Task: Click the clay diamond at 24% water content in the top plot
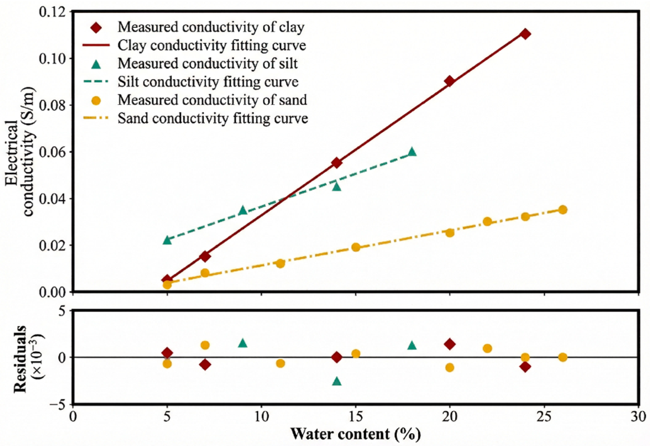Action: point(525,34)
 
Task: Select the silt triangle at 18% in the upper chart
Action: point(412,152)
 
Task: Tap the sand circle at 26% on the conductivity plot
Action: point(563,209)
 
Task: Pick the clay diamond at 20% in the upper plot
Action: point(450,81)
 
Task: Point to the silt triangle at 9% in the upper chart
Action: point(243,210)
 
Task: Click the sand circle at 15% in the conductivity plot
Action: point(356,247)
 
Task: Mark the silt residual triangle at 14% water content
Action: point(336,381)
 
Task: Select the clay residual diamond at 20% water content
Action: point(450,344)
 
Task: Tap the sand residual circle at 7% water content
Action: point(205,345)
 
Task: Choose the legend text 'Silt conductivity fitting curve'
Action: point(208,82)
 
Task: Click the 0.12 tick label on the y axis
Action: point(54,12)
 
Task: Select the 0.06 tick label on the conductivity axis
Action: point(54,152)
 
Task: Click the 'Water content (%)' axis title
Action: point(355,434)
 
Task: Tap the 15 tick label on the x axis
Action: point(356,416)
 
